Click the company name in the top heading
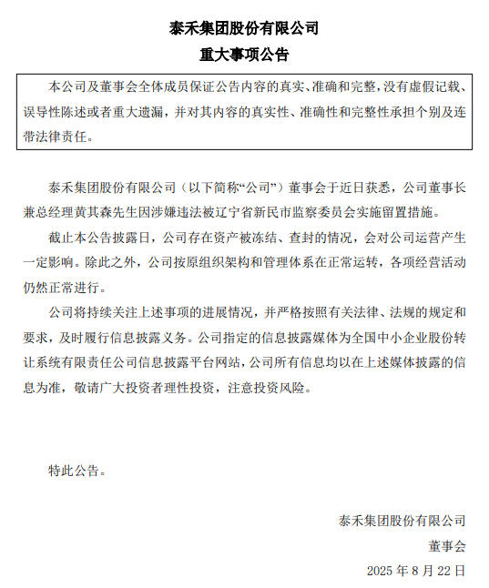(x=244, y=28)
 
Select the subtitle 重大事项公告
(x=244, y=55)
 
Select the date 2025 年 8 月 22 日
(x=416, y=571)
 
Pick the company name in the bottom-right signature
(x=402, y=521)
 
